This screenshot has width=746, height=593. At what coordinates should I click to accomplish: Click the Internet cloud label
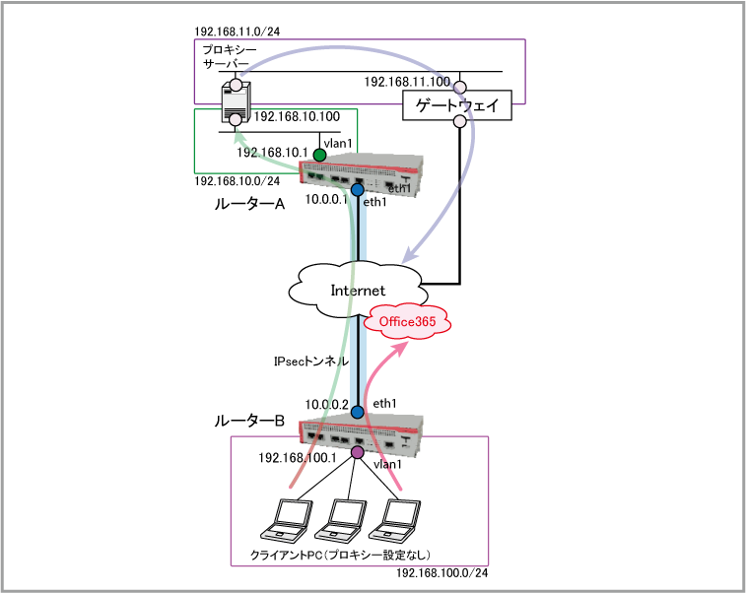click(357, 290)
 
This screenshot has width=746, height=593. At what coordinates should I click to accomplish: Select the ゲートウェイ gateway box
click(458, 104)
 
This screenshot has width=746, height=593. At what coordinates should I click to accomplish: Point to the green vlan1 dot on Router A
click(319, 155)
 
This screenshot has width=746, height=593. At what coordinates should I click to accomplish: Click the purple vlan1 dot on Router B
click(357, 452)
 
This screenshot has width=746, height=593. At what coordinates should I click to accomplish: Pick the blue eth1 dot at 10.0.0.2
click(357, 411)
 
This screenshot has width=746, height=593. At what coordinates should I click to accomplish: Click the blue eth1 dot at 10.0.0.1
click(358, 189)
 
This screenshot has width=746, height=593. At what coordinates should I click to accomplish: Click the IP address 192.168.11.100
click(406, 82)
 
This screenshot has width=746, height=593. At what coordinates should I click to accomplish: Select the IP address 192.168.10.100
click(297, 116)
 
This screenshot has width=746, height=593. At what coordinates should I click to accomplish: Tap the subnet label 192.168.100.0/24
click(442, 573)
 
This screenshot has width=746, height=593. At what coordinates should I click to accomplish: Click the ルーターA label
click(249, 204)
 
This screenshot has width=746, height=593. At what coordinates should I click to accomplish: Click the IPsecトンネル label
click(309, 362)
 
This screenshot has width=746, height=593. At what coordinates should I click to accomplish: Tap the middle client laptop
click(345, 521)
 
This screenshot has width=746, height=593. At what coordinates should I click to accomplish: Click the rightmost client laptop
click(400, 521)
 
